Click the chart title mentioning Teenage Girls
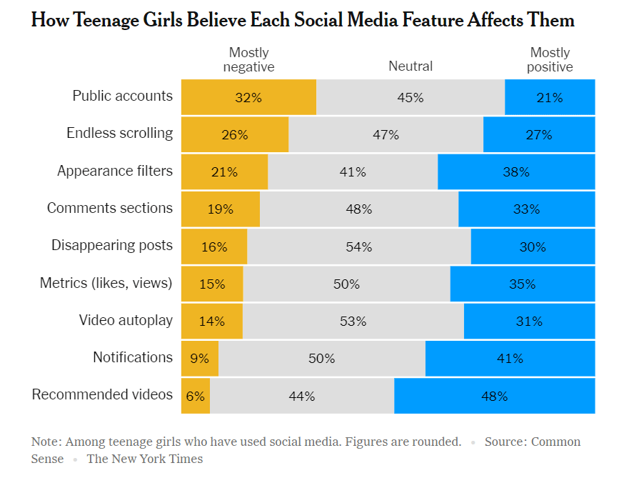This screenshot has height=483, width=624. coord(303,20)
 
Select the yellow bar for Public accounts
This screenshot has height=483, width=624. coord(248,97)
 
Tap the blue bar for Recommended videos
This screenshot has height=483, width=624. coord(494,396)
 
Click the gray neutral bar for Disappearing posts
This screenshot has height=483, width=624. coord(358,247)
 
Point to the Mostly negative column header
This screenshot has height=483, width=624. coord(248,60)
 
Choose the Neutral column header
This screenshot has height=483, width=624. coord(411,66)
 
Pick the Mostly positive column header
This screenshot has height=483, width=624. coord(550,60)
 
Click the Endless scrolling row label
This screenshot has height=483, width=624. coord(119,133)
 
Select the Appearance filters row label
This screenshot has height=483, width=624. coord(115,171)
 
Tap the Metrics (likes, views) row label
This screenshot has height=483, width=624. coord(106,283)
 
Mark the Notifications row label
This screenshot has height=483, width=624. coord(133,357)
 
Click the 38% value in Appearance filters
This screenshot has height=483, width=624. coord(515,172)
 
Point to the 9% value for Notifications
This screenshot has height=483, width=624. coord(199,359)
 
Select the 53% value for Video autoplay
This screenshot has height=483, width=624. coord(353,322)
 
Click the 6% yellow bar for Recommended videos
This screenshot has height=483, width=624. coord(196,396)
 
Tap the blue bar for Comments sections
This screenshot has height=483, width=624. coord(526,209)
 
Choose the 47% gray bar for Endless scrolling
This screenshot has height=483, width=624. coord(386,134)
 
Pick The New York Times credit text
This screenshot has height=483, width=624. coord(145,459)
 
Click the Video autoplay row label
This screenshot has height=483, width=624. coord(126,320)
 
